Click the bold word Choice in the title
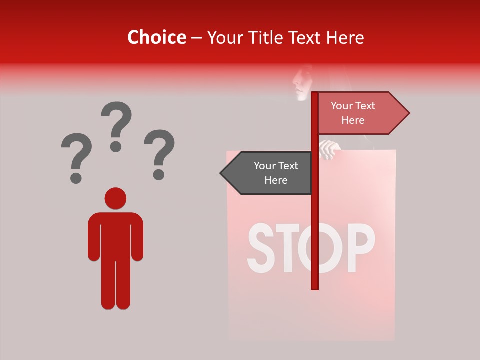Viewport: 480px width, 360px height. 156,37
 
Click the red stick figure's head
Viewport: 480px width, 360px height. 115,198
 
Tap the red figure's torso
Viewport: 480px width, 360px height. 115,235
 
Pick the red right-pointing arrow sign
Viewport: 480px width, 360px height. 360,113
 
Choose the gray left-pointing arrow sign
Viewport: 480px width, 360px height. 270,173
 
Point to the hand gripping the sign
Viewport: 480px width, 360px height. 329,149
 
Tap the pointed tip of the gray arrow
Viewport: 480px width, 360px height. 222,173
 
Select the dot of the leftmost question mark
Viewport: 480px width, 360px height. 76,177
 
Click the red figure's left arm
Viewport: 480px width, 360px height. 93,237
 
